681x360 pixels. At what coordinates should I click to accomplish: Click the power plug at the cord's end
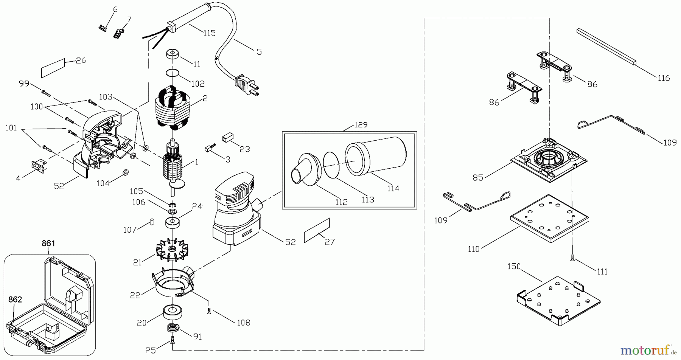point(247,85)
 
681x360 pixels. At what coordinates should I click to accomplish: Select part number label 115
point(209,33)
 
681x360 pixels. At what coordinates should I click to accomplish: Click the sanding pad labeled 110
point(549,218)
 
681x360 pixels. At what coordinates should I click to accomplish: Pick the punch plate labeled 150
point(558,299)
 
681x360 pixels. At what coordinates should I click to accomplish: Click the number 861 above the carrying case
point(48,244)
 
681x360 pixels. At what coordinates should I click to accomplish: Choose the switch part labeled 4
point(39,166)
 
